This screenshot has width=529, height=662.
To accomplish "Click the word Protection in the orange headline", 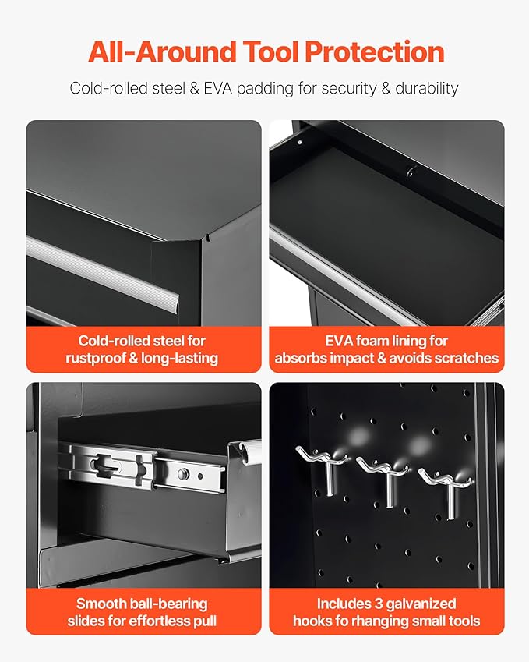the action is tap(374, 51).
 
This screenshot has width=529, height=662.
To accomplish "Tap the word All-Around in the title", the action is tap(162, 51).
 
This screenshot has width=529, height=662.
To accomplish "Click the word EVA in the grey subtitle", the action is tap(217, 88).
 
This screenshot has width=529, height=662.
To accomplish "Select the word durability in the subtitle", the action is tap(426, 89).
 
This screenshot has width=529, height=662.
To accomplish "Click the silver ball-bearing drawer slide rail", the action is tap(143, 467).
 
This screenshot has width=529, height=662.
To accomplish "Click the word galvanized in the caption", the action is tap(421, 604).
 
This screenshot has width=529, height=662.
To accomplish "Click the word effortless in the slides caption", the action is tap(161, 621).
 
